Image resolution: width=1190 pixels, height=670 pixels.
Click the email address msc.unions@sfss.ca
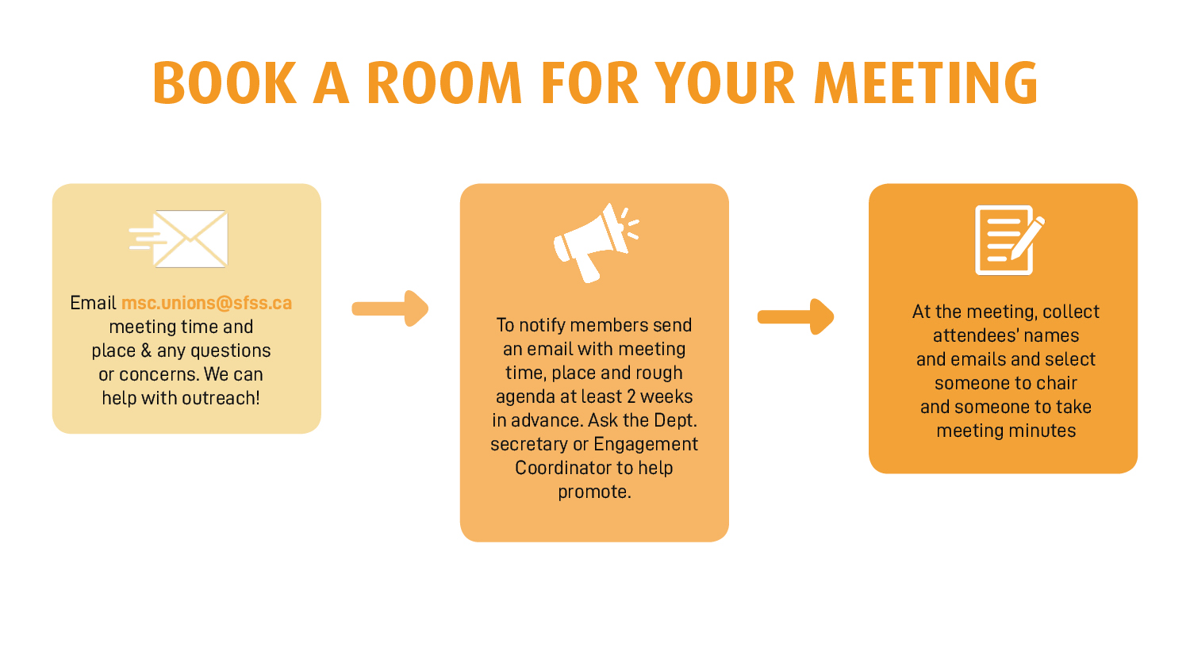point(206,303)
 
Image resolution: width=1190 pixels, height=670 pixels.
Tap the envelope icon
point(179,239)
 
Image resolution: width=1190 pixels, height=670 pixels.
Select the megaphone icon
point(596,243)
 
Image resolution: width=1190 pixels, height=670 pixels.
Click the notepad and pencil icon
point(1009,240)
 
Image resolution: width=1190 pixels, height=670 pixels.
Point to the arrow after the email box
point(390,308)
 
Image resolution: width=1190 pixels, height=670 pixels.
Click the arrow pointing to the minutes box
point(796,317)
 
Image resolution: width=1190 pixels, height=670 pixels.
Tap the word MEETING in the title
point(926,82)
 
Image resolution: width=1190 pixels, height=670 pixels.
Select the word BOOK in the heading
point(225,82)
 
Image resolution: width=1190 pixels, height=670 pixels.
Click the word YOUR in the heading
point(724,82)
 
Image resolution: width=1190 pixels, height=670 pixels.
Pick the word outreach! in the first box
point(222,398)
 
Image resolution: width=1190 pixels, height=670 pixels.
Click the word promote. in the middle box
point(594,492)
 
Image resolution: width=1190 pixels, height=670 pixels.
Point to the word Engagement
point(646,445)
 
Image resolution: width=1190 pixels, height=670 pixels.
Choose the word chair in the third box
point(1054,383)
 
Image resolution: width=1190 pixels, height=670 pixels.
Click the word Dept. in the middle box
point(674,421)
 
